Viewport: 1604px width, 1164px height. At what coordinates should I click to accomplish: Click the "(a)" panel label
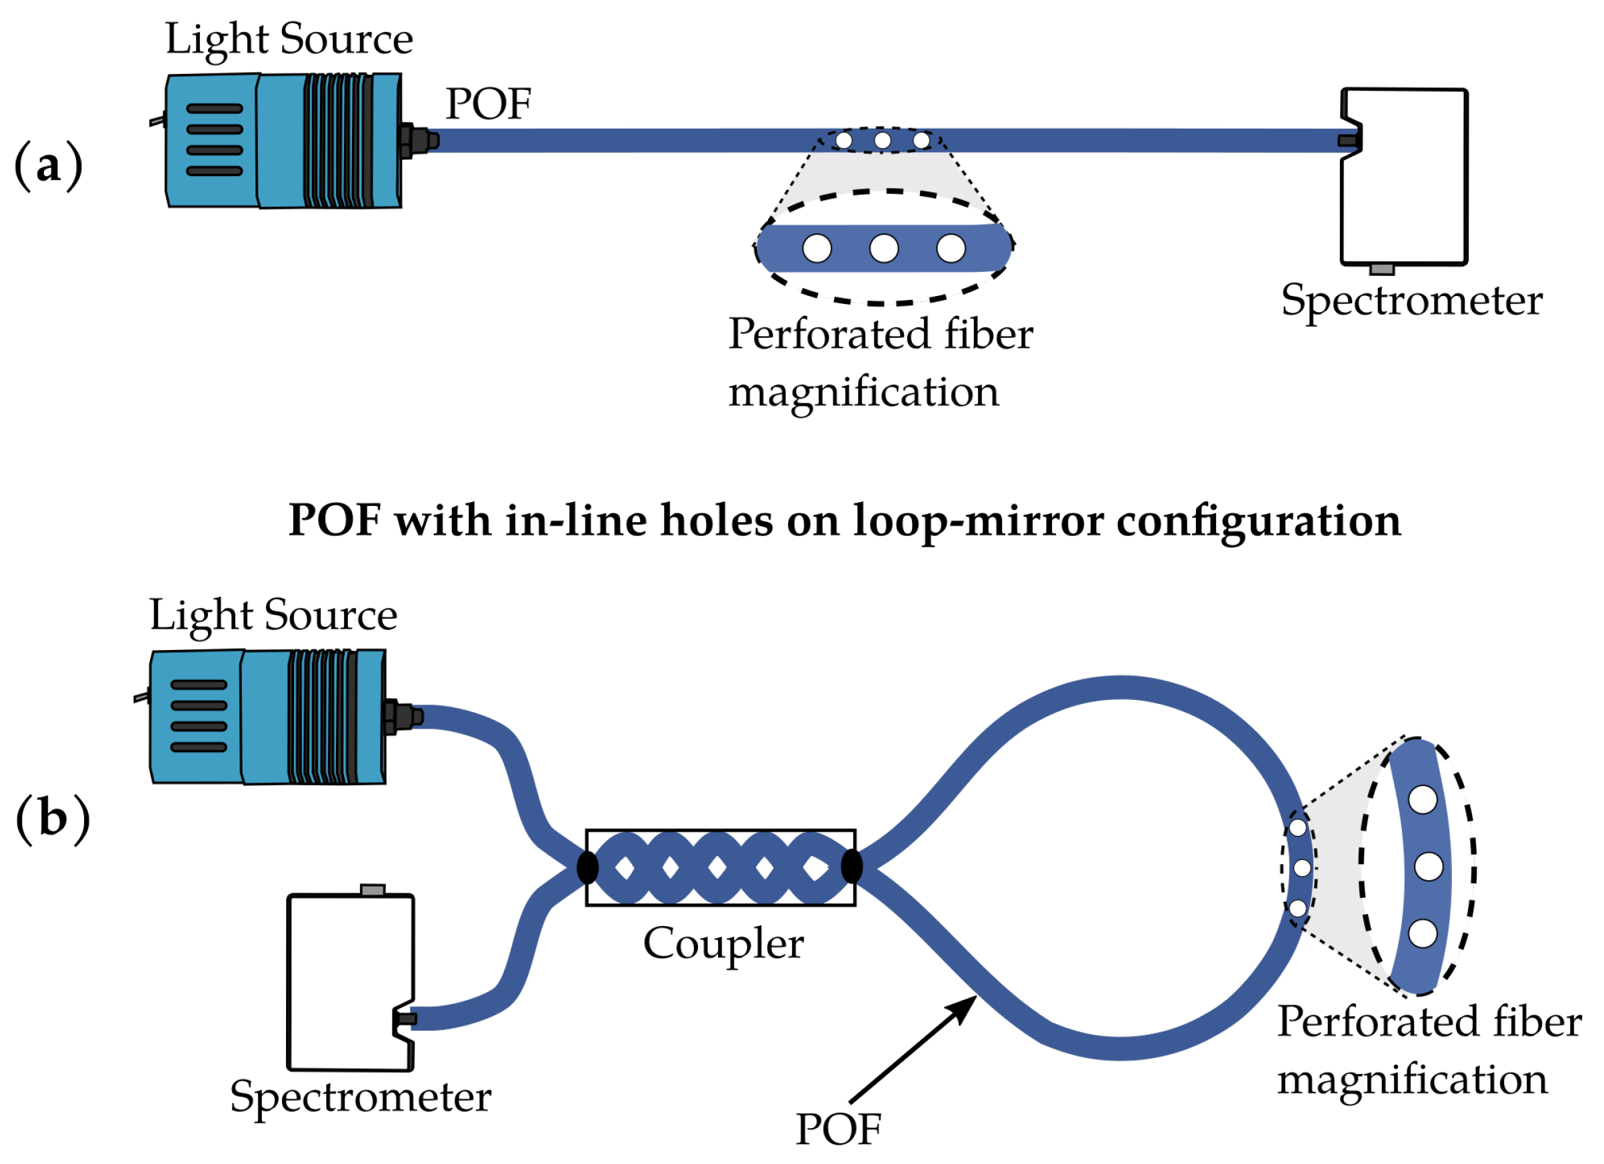click(48, 166)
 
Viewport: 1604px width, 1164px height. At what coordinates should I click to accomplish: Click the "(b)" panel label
click(53, 818)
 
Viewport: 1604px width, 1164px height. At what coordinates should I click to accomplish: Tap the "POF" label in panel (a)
click(488, 105)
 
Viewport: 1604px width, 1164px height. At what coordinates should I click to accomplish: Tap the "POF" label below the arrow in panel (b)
click(838, 1129)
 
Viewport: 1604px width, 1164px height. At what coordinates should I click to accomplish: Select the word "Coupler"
click(723, 943)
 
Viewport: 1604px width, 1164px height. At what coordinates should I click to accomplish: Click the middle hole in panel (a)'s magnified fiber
click(883, 248)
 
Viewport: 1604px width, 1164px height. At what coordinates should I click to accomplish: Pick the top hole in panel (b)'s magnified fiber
click(1422, 800)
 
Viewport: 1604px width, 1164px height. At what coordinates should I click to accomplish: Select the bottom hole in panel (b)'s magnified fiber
click(1422, 933)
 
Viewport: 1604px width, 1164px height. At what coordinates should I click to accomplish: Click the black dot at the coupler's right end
click(851, 866)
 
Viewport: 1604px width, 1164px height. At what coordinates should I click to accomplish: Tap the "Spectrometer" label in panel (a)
click(1411, 301)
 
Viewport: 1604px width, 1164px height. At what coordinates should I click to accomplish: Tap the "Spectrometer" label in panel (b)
click(360, 1097)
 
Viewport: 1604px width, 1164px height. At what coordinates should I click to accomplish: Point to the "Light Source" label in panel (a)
click(289, 39)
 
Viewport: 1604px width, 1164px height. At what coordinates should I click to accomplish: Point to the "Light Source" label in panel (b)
click(272, 615)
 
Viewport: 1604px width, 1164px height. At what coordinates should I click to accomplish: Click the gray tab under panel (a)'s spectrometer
click(1381, 269)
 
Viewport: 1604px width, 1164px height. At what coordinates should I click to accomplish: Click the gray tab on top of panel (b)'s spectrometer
click(373, 889)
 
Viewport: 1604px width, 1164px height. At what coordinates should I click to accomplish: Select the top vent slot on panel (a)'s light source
click(214, 109)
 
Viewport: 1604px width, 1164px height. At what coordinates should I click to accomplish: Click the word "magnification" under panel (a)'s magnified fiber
click(863, 393)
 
